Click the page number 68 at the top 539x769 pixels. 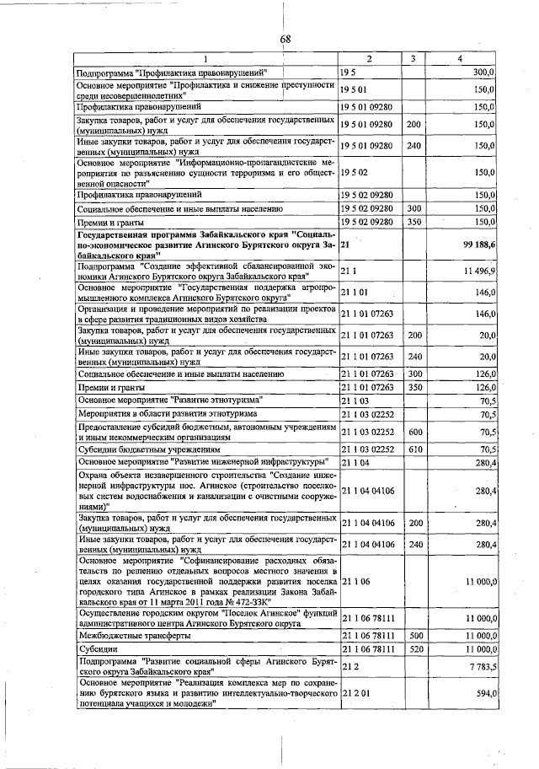point(286,39)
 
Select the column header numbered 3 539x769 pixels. point(413,58)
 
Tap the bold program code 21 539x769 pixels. point(345,244)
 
